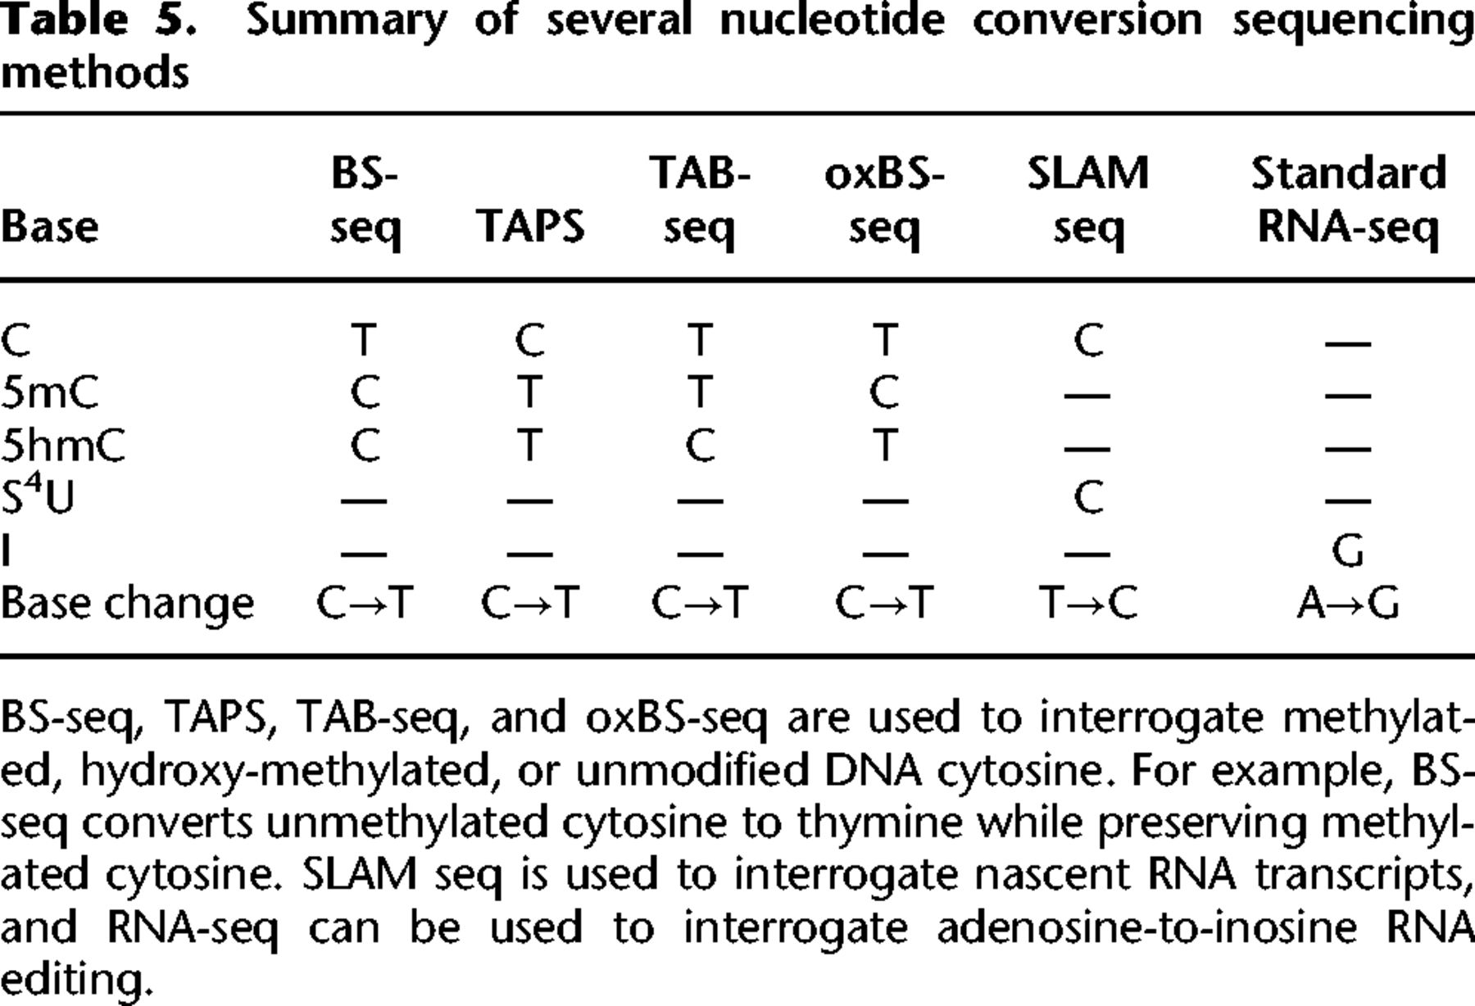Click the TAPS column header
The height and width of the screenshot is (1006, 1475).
tap(530, 226)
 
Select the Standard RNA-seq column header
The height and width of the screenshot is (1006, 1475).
tap(1348, 200)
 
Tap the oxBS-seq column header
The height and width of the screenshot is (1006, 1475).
tap(884, 200)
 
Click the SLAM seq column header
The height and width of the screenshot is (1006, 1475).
tap(1088, 200)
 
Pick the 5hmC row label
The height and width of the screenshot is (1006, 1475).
tap(63, 446)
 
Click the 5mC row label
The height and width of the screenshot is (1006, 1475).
tap(49, 393)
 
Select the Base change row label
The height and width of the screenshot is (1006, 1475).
tap(127, 605)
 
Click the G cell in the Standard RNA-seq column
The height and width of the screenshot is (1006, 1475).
tap(1348, 551)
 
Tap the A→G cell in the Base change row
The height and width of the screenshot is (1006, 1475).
tap(1348, 605)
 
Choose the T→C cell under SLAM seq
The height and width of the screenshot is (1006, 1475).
tap(1088, 605)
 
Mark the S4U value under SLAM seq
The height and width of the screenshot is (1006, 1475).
tap(1088, 496)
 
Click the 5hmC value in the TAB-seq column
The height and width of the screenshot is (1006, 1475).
tap(699, 446)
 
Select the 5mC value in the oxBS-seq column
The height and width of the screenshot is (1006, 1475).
tap(884, 393)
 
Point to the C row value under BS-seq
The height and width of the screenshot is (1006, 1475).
tap(365, 339)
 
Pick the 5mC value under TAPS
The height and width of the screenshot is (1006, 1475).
tap(530, 393)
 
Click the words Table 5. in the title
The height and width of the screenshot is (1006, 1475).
tap(98, 20)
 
